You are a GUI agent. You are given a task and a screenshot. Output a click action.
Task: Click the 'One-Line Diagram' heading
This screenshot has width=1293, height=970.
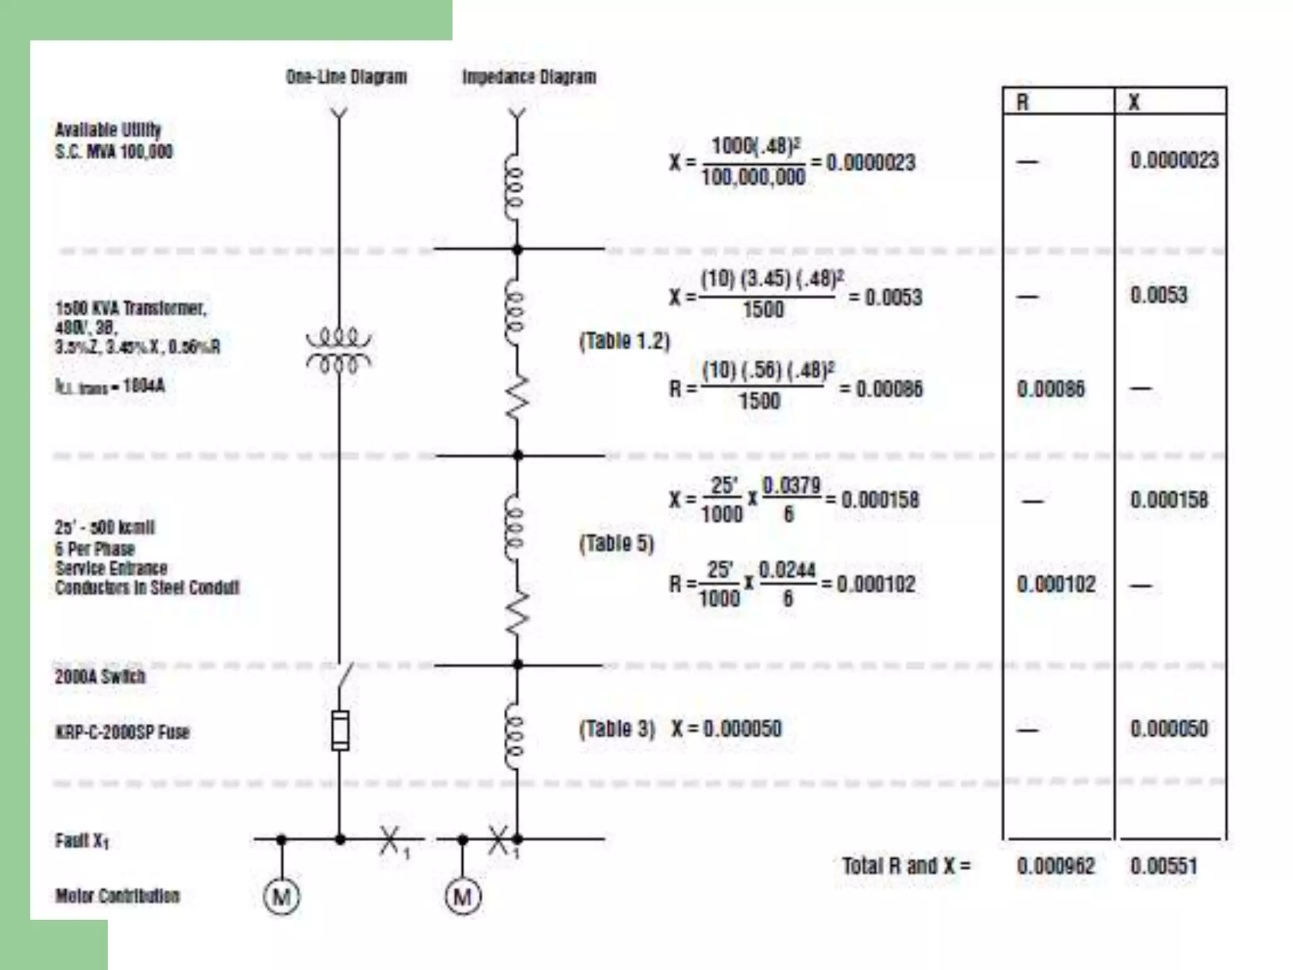tap(346, 77)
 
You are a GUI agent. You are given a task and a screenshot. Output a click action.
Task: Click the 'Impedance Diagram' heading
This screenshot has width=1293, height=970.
tap(529, 77)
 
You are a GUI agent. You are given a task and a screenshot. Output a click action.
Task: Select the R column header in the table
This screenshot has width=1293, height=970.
tap(1023, 102)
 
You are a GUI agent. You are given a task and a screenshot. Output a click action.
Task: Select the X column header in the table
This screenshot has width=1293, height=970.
tap(1134, 102)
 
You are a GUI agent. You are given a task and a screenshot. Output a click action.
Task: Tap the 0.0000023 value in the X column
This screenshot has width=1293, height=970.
tap(1174, 160)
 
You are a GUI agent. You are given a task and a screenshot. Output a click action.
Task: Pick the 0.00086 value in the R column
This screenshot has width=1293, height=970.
tap(1051, 388)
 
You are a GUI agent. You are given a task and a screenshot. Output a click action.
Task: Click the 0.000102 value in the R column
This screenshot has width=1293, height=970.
tap(1056, 584)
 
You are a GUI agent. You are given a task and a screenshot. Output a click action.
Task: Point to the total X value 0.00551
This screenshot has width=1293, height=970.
tap(1164, 866)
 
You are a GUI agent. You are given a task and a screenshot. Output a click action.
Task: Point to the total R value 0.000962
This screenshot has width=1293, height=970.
tap(1056, 866)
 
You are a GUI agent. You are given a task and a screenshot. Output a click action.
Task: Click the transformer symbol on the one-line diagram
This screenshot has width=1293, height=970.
tap(339, 349)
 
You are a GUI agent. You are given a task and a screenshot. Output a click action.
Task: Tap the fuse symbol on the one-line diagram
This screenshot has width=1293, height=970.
tap(340, 731)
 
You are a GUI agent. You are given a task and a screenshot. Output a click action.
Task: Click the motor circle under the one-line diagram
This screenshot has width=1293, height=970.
tap(282, 896)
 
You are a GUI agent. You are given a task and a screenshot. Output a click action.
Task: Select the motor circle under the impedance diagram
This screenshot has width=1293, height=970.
tap(463, 896)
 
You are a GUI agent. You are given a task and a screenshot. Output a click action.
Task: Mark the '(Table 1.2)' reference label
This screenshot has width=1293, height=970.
tap(624, 341)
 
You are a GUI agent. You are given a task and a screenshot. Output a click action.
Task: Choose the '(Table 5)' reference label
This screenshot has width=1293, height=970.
tap(616, 543)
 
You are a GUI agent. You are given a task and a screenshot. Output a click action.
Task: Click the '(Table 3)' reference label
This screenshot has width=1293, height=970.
tap(617, 729)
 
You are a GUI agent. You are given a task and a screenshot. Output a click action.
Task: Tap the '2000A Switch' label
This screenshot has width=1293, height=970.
tap(100, 676)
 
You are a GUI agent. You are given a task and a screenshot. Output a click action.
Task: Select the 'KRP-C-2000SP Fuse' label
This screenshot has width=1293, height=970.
tap(122, 732)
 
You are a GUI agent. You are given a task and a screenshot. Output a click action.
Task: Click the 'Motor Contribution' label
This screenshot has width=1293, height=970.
tap(117, 895)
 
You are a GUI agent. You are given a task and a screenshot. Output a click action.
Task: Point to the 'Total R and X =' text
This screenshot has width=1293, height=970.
tap(906, 866)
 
